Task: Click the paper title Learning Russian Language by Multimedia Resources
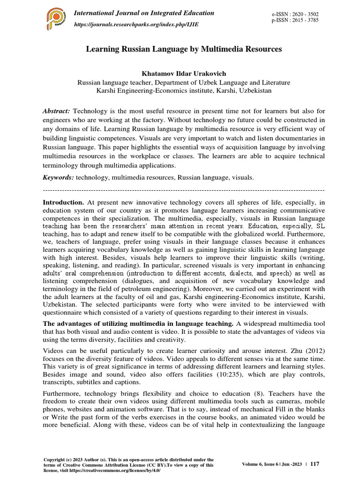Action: coord(184,49)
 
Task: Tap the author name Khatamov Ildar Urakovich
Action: coord(183,74)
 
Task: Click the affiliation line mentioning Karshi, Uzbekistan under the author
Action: coord(183,90)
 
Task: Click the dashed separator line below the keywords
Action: coord(183,191)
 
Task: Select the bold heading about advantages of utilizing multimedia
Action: coord(138,324)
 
